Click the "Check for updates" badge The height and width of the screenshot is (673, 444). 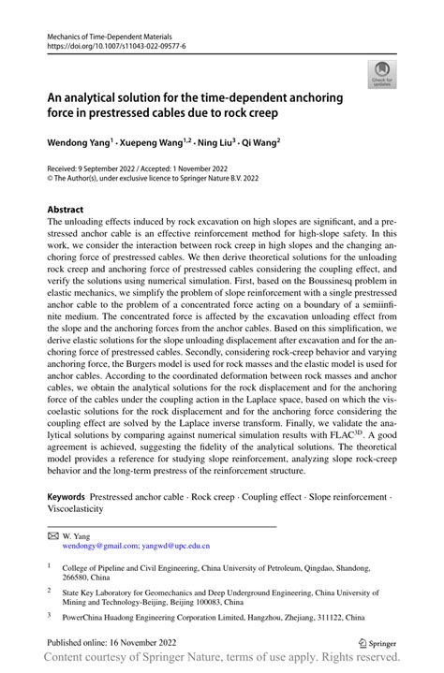[382, 74]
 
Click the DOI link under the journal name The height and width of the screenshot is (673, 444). [111, 44]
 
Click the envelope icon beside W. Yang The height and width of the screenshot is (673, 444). [52, 534]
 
